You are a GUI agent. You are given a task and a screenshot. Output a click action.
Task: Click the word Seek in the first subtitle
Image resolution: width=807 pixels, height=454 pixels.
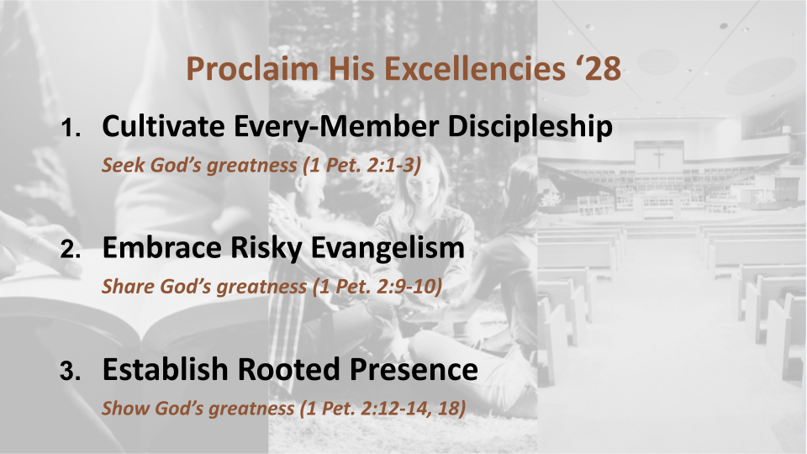click(x=119, y=165)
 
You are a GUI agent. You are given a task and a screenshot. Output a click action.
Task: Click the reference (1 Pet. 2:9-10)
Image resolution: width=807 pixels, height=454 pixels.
click(x=377, y=287)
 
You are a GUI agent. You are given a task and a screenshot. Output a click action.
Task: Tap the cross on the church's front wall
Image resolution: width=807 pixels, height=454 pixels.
click(x=659, y=158)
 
